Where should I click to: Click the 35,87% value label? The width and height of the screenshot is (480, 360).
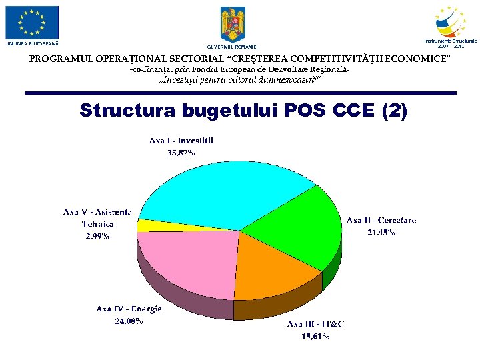coord(181,153)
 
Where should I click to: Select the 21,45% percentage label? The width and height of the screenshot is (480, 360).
coord(381,233)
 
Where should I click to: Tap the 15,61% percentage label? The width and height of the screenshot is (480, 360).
coord(315,336)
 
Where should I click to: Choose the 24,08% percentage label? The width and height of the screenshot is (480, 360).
coord(129,321)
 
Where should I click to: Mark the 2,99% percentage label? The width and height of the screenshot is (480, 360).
coord(97,236)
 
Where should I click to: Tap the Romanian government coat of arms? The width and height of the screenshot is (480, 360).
coord(232,25)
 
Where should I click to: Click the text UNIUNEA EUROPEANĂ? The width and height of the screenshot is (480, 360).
coord(32,43)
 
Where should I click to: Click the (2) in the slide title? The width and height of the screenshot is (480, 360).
coord(392,110)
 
